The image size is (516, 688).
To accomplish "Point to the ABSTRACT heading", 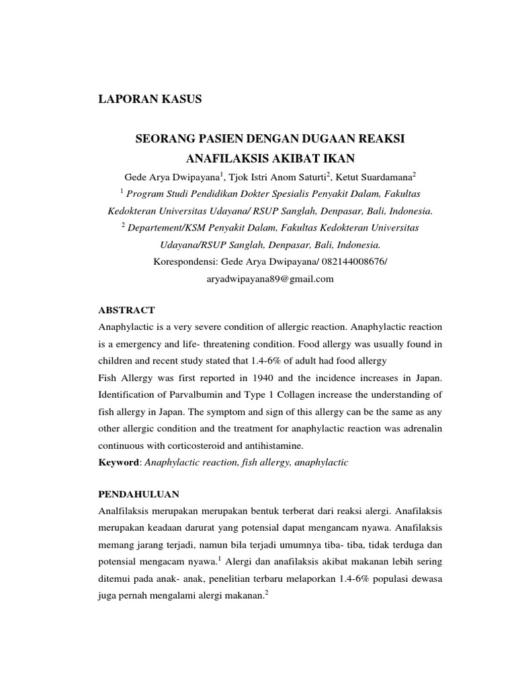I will (x=126, y=310).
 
